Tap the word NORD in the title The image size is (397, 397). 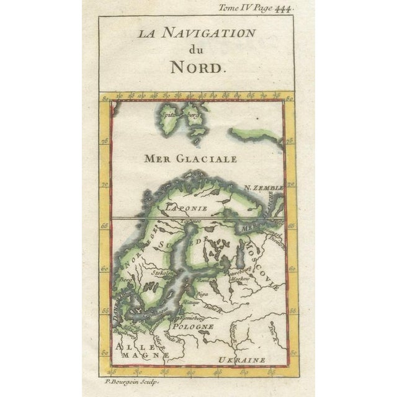pos(197,68)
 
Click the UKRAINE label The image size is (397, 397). pos(242,359)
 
